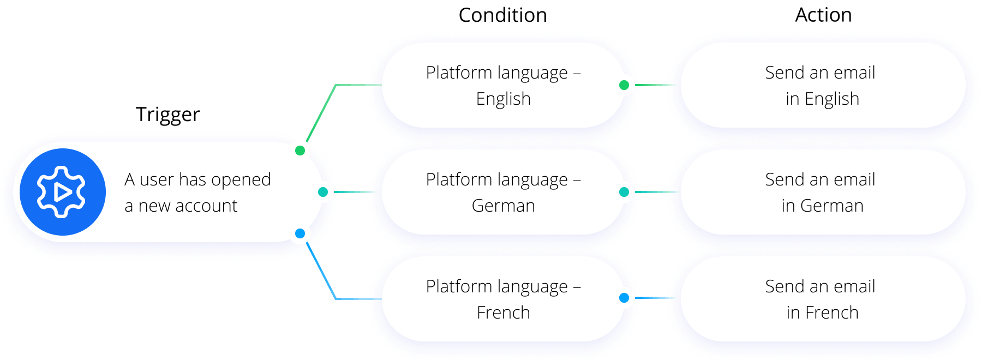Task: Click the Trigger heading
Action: [168, 115]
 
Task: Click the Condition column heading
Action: [502, 15]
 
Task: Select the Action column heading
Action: [823, 15]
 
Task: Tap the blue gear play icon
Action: [63, 192]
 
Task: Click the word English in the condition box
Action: [503, 99]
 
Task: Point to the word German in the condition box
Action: [503, 206]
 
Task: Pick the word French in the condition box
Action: [503, 313]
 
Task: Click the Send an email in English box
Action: [823, 85]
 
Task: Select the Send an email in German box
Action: [823, 192]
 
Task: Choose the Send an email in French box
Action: [823, 299]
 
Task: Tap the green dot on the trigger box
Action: [300, 151]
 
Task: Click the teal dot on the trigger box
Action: [323, 192]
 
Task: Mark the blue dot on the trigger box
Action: [300, 233]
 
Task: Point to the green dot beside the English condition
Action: [624, 85]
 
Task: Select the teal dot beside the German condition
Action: [624, 192]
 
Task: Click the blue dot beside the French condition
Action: [624, 298]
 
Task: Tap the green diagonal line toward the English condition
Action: [321, 112]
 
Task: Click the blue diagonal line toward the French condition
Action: [321, 271]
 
